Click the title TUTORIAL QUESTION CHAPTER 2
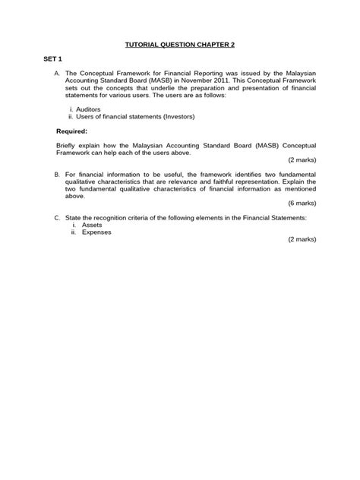click(x=180, y=45)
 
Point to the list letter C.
click(x=57, y=217)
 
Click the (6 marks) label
click(x=302, y=204)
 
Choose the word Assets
click(x=93, y=225)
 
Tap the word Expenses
click(x=97, y=232)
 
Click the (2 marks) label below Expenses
click(x=302, y=239)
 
